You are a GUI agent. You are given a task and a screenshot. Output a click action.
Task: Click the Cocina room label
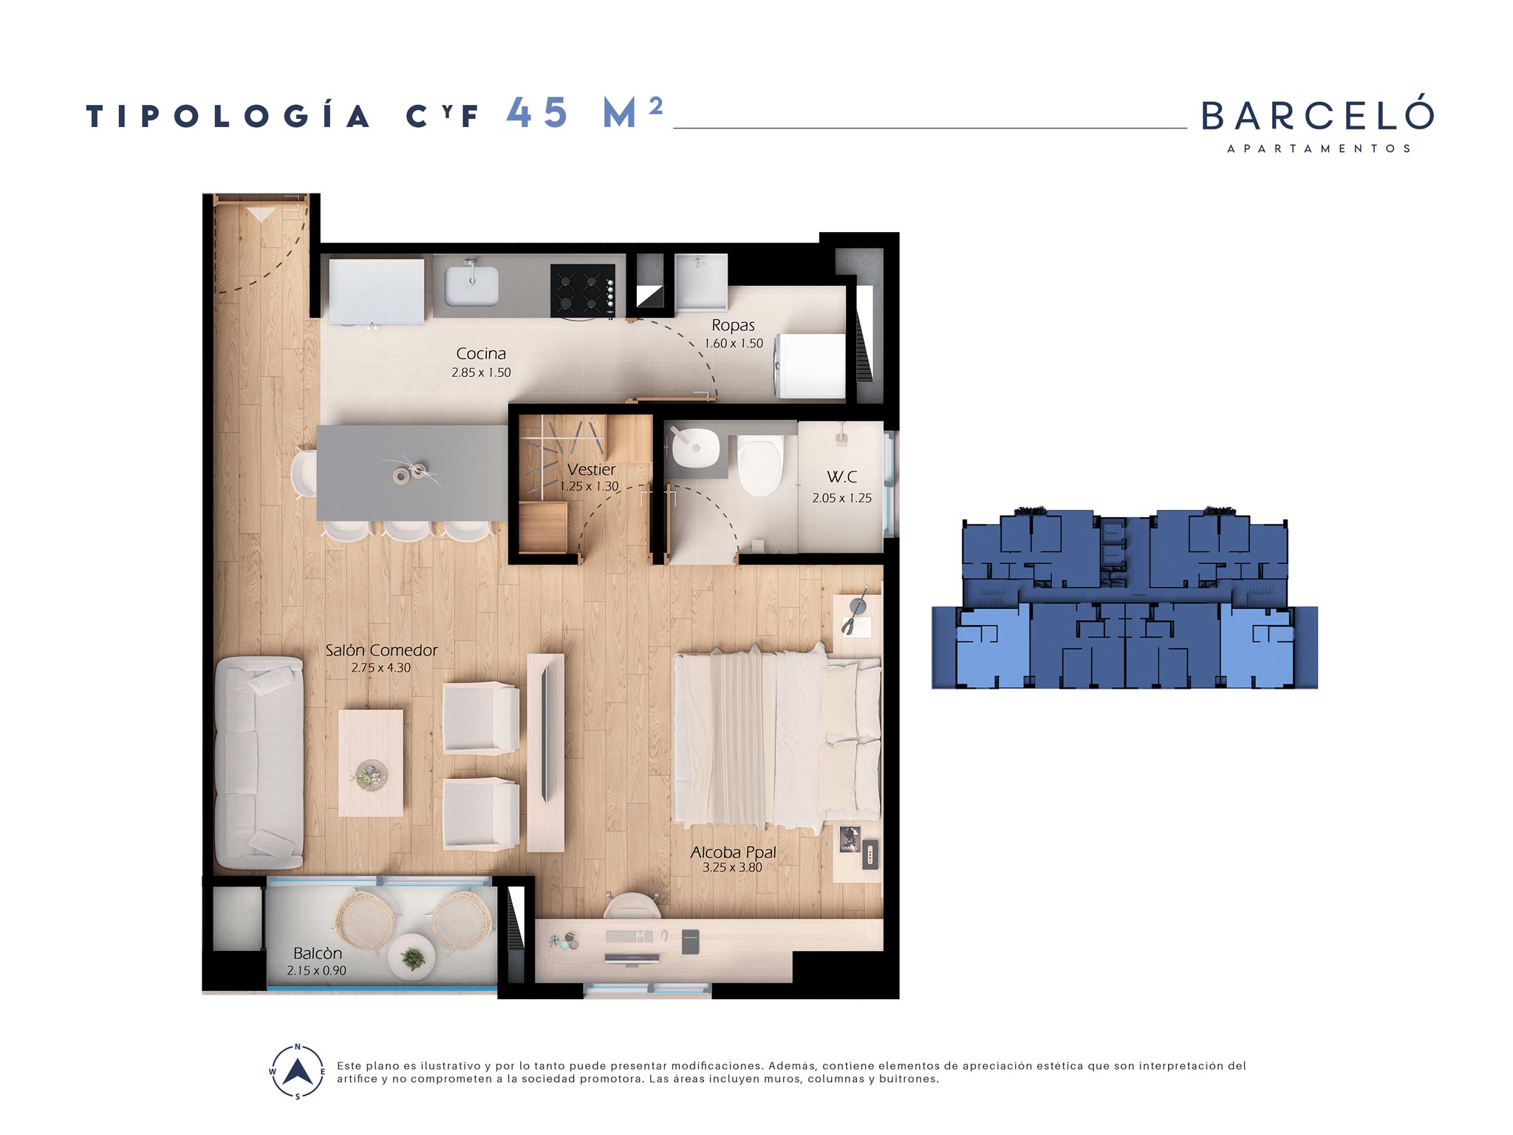481,354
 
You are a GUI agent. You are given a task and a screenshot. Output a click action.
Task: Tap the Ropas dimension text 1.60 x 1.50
734,344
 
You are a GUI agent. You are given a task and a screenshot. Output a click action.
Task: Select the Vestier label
591,469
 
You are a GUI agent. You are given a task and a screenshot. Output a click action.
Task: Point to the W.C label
841,477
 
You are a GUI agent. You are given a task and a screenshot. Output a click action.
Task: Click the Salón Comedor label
381,650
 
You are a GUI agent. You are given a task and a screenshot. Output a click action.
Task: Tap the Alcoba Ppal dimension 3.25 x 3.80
732,868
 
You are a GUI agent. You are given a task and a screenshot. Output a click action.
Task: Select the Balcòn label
318,953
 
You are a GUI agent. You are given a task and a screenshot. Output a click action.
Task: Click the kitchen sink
471,285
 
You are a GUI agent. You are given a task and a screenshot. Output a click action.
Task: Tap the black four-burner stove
583,290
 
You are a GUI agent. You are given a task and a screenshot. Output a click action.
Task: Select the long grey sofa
259,763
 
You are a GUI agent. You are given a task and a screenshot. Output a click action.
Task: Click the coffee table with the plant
371,763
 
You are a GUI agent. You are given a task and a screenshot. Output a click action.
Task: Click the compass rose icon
297,1071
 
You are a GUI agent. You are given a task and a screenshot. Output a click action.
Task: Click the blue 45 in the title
537,113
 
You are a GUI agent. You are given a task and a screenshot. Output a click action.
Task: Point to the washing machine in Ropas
810,367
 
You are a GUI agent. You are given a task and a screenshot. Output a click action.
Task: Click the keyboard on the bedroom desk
629,936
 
